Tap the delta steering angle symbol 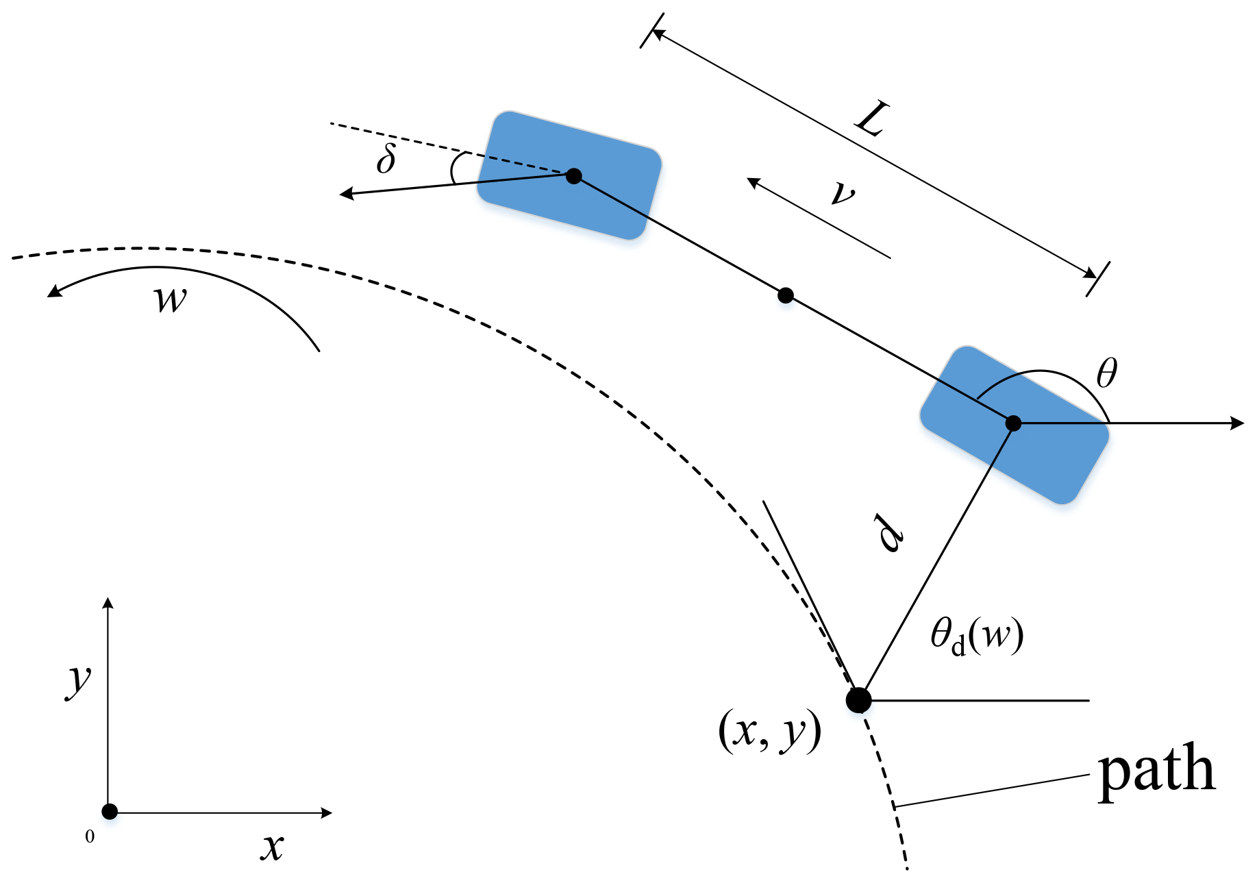[x=386, y=159]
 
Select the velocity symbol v [x=842, y=193]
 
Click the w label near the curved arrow [x=170, y=299]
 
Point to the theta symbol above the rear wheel [x=1106, y=374]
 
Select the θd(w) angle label [x=976, y=636]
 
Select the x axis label [x=272, y=847]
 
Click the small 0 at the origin [x=90, y=836]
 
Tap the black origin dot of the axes [x=110, y=812]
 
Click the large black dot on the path [x=858, y=700]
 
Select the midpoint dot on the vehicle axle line [x=786, y=295]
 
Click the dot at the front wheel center [x=574, y=176]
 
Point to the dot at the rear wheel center [x=1013, y=423]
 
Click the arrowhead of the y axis [x=108, y=602]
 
